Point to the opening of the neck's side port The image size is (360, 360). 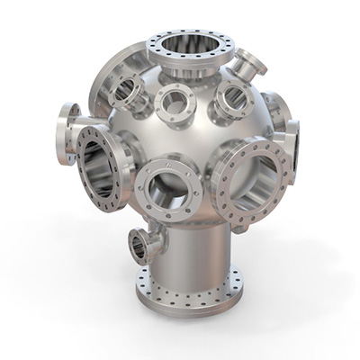[139, 244]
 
